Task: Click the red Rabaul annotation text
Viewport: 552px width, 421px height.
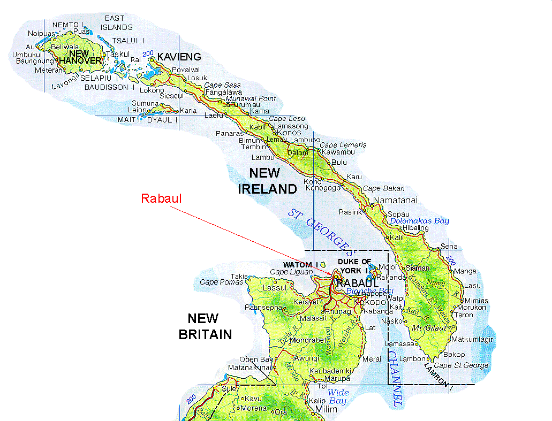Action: coord(161,198)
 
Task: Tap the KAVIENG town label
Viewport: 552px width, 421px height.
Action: coord(179,57)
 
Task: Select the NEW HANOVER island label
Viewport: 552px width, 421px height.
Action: coord(80,57)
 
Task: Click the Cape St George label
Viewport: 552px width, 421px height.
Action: coord(461,365)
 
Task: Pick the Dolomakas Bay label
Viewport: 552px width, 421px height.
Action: coord(419,221)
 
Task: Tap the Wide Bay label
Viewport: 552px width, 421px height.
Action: coord(337,397)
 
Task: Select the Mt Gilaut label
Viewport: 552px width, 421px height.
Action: coord(426,327)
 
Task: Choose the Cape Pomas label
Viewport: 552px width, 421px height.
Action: coord(221,282)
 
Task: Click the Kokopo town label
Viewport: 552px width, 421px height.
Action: coord(366,302)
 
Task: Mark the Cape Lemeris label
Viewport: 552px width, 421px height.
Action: coord(343,145)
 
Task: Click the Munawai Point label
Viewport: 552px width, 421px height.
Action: coord(251,98)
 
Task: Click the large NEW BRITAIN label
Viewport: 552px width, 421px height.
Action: coord(205,326)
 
